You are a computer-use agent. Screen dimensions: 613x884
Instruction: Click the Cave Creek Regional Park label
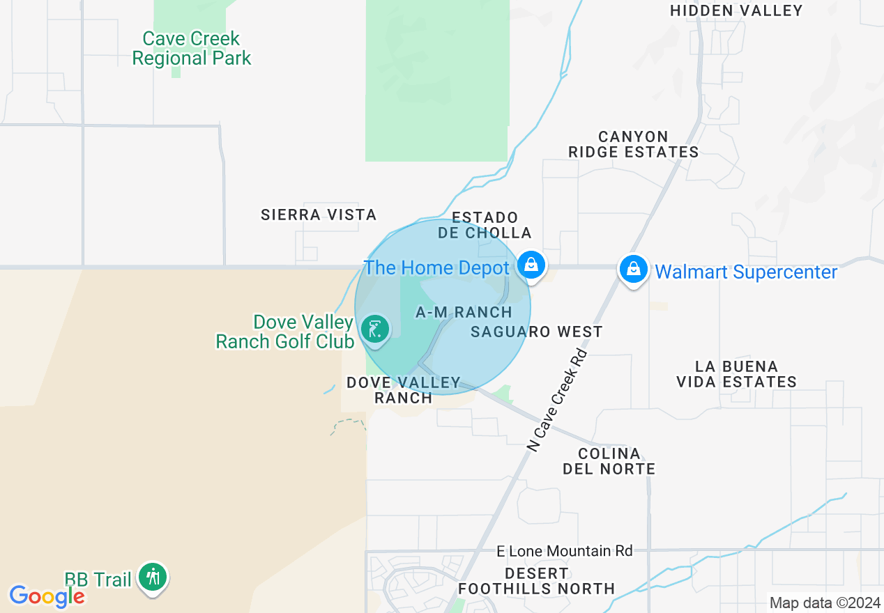pyautogui.click(x=191, y=48)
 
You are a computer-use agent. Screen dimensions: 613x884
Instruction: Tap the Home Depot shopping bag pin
pyautogui.click(x=531, y=265)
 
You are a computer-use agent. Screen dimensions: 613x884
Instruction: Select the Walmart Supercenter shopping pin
pyautogui.click(x=633, y=268)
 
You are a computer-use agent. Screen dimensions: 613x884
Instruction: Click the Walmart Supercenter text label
pyautogui.click(x=746, y=272)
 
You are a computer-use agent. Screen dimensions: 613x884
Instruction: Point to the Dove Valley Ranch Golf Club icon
pyautogui.click(x=376, y=328)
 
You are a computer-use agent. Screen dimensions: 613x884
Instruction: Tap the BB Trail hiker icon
pyautogui.click(x=152, y=577)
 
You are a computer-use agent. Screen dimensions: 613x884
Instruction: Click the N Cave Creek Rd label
pyautogui.click(x=558, y=400)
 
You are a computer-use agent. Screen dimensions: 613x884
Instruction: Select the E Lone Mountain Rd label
pyautogui.click(x=564, y=551)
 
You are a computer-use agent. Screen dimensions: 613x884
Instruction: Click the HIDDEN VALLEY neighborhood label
pyautogui.click(x=736, y=10)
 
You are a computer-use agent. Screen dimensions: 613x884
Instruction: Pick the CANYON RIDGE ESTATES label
pyautogui.click(x=633, y=144)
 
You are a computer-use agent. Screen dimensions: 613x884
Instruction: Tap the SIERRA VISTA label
pyautogui.click(x=319, y=215)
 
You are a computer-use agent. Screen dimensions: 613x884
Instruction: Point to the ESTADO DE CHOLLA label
pyautogui.click(x=485, y=225)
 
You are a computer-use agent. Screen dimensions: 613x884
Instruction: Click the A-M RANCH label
pyautogui.click(x=464, y=313)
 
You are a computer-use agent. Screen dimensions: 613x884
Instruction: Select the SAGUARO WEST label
pyautogui.click(x=536, y=332)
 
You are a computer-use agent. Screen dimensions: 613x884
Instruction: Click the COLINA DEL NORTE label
pyautogui.click(x=609, y=461)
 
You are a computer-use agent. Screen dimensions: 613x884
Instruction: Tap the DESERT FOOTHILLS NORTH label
pyautogui.click(x=536, y=581)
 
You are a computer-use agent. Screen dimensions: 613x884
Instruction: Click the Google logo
pyautogui.click(x=47, y=596)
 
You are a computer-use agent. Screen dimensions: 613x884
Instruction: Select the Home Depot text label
pyautogui.click(x=437, y=267)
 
